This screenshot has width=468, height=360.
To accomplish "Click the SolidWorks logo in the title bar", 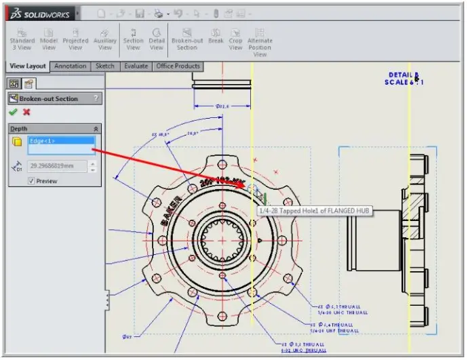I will click(41, 14).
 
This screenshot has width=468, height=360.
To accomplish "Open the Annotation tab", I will click(71, 66).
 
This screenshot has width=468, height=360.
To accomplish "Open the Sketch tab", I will click(104, 66).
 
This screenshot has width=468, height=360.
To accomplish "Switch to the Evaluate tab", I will click(136, 66).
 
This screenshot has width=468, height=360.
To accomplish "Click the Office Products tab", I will click(178, 66).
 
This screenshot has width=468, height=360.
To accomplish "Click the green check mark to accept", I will click(13, 113).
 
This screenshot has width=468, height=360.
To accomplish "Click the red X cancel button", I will click(26, 113).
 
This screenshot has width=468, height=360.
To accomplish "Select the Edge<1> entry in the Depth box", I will click(60, 141).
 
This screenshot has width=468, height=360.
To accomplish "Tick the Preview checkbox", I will click(31, 181).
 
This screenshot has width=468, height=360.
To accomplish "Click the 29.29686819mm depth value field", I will click(57, 166).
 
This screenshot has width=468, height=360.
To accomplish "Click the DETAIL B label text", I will click(404, 75).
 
